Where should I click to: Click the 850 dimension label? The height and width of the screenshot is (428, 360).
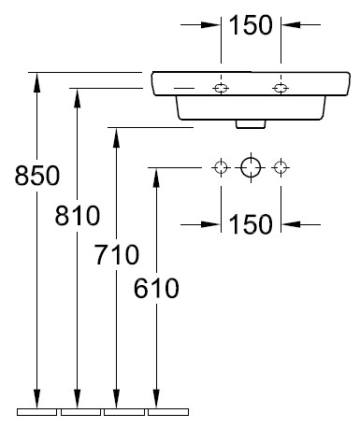point(37,176)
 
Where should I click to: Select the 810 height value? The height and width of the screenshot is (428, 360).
point(78,215)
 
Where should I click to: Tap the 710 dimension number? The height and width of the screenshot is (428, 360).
point(117,254)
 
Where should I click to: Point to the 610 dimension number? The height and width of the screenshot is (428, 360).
point(156,288)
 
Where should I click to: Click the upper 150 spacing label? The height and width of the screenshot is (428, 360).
point(251,25)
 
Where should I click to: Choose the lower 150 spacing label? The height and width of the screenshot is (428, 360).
point(251,224)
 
